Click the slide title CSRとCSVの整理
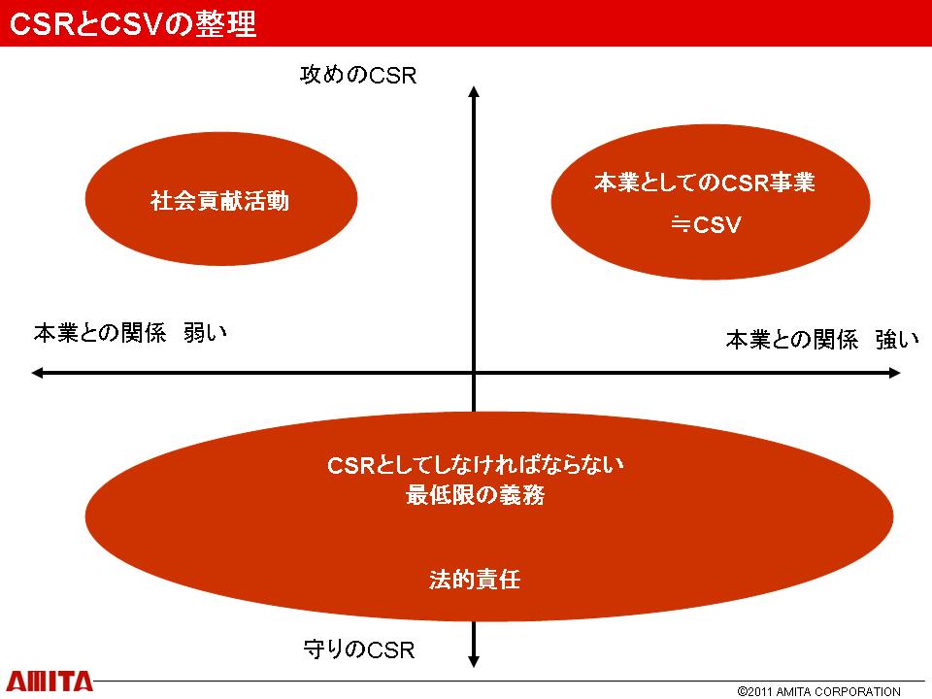pos(133,23)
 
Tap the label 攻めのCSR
pos(358,76)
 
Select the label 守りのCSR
pos(359,649)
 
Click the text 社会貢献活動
pos(220,201)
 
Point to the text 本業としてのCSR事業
pos(705,182)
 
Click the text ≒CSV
pos(706,224)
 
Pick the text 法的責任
pos(475,579)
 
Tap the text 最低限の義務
pos(475,494)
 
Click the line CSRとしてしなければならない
pos(476,465)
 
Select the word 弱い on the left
pos(206,332)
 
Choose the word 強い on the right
pos(897,340)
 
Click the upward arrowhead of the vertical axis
pos(474,90)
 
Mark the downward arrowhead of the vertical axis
pos(474,661)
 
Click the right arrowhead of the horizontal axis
pos(895,373)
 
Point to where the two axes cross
pos(474,373)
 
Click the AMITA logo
pos(50,682)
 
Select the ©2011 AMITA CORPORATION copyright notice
pos(819,691)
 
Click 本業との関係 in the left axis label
pos(100,332)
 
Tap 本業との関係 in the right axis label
pos(792,340)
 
